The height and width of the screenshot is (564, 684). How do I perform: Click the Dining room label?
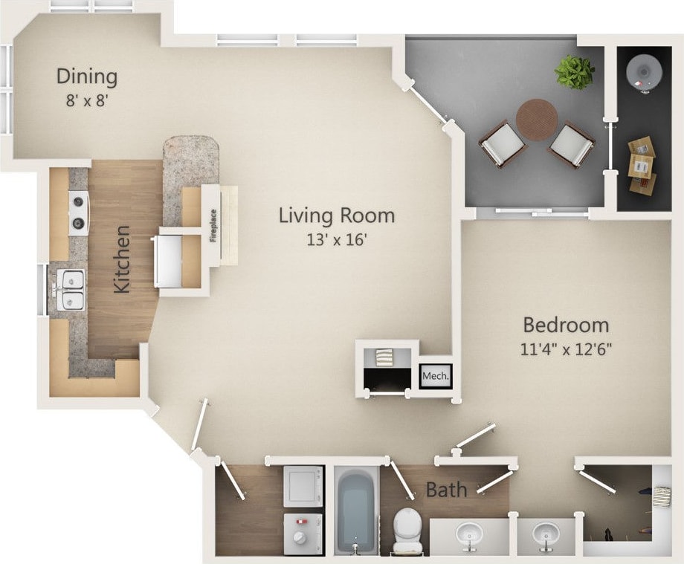(x=87, y=76)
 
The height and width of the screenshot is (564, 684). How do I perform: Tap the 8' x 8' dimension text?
(x=87, y=100)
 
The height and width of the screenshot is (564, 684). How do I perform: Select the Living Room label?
(x=337, y=215)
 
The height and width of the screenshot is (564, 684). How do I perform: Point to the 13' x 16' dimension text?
(x=337, y=239)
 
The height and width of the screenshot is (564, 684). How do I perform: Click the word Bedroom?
(x=566, y=325)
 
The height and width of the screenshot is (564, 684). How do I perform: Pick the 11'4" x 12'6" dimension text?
(x=566, y=349)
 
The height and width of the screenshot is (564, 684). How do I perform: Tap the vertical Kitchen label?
(x=122, y=259)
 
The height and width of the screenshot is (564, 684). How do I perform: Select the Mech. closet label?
(x=435, y=377)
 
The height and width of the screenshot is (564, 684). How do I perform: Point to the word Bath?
(x=446, y=490)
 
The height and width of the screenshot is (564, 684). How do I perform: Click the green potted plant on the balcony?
(x=575, y=72)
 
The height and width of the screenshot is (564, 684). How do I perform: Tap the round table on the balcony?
(x=537, y=117)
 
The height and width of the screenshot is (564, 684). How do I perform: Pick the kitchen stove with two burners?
(x=79, y=213)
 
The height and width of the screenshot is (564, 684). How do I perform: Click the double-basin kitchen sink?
(x=72, y=290)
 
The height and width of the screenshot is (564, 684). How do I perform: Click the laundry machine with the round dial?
(x=303, y=534)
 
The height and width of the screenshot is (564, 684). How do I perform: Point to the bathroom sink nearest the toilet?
(x=468, y=534)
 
